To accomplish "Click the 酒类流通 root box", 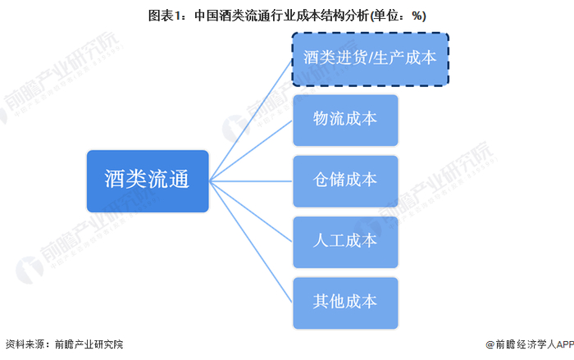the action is [148, 180].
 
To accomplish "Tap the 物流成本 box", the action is [345, 119].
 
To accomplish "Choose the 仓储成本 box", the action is [345, 180].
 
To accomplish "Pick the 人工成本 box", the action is [345, 240].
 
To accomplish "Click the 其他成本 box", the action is [345, 301].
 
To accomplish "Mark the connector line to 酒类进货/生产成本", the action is [250, 120].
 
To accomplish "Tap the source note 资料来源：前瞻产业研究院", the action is [64, 345].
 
